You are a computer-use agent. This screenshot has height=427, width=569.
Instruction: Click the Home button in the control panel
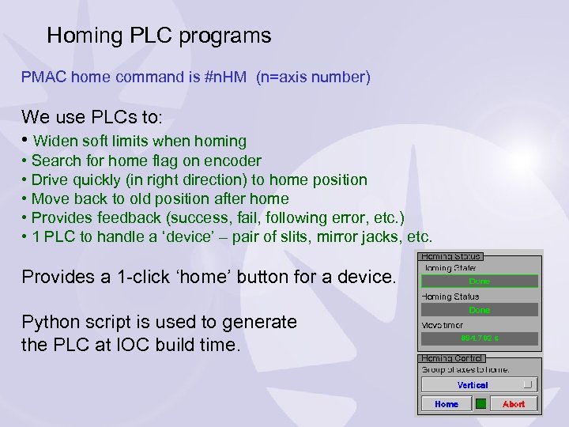coord(446,404)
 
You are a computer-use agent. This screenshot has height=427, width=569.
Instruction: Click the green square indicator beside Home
coord(480,404)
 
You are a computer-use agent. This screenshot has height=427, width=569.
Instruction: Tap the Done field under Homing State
coord(479,282)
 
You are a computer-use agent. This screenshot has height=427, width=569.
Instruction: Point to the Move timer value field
coord(479,338)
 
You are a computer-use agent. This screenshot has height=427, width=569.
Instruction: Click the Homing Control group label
coord(451,358)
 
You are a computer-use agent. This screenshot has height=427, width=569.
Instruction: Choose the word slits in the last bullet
coord(283,236)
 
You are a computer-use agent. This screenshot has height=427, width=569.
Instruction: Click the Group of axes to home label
coord(465,369)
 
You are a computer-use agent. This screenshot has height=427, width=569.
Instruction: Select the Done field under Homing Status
coord(479,310)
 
